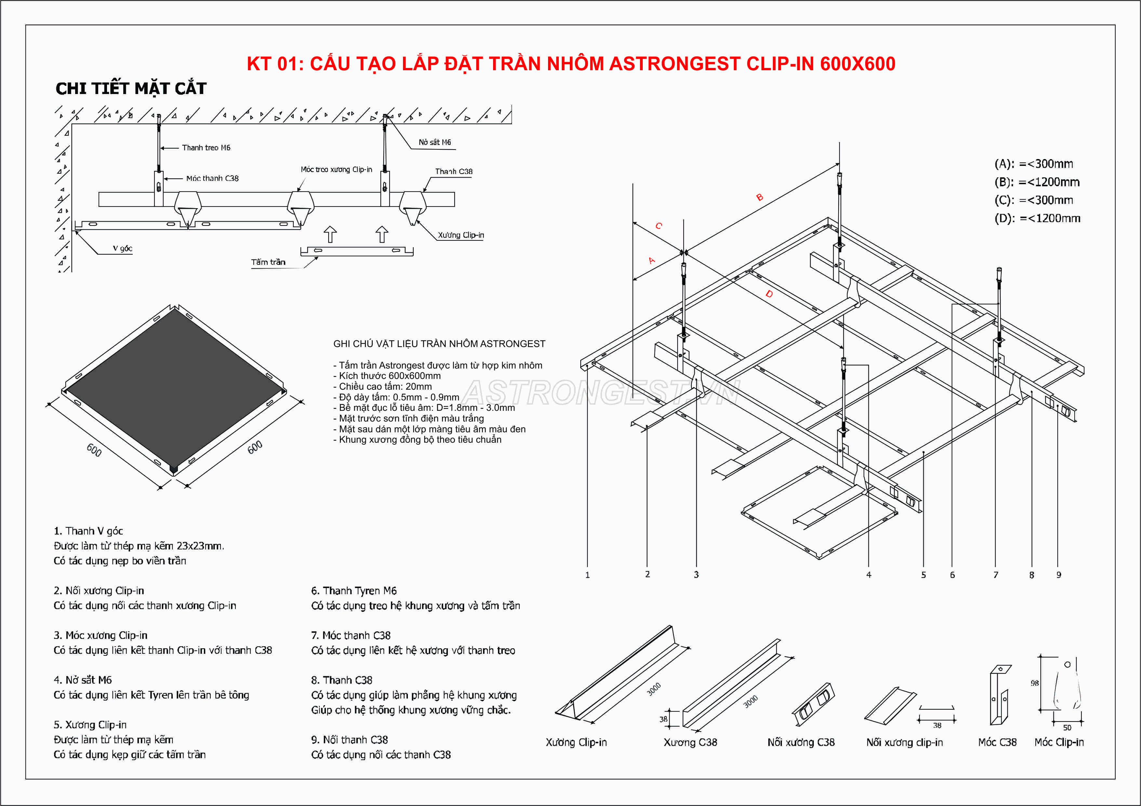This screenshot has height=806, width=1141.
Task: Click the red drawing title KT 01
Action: pos(570,64)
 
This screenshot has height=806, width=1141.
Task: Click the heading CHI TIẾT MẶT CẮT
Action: pos(131,88)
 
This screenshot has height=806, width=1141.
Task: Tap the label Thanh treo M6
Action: pos(206,148)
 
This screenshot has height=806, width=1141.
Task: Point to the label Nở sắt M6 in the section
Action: pos(434,142)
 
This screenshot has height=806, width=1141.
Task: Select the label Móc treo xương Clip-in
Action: pos(336,169)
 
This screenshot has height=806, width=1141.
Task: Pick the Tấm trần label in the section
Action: pos(268,262)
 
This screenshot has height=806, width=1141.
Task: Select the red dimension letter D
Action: pos(769,294)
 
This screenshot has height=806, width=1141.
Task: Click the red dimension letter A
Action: pos(651,261)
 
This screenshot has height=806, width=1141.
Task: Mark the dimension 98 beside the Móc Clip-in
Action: pos(1034,683)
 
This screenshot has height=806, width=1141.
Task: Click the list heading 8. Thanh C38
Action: pos(342,680)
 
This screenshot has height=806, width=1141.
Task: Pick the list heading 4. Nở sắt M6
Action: pos(83,680)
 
